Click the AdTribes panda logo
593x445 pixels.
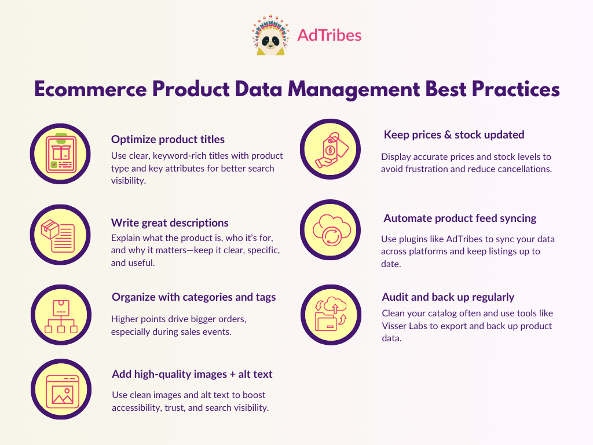[x=269, y=36]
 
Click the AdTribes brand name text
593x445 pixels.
[x=329, y=35]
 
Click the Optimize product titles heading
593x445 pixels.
[x=168, y=140]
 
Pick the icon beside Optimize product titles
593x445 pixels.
[x=60, y=154]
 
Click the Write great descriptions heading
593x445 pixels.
[x=170, y=223]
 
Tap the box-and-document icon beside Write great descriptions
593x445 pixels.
[x=60, y=235]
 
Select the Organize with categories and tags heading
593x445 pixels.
[x=193, y=297]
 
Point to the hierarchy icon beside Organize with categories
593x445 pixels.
[x=60, y=315]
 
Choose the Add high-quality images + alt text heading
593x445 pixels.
[x=192, y=374]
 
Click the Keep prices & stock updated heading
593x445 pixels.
[x=454, y=135]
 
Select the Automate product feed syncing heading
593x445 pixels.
[x=460, y=218]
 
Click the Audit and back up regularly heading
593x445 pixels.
[x=448, y=297]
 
